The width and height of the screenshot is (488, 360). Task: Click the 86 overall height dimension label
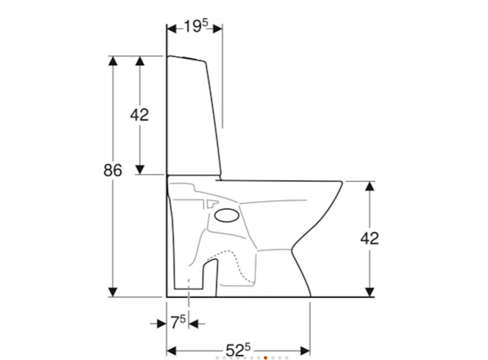113,170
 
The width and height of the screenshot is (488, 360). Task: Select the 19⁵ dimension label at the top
196,26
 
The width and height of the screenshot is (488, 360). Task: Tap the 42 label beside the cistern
140,115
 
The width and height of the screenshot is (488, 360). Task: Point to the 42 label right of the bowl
370,238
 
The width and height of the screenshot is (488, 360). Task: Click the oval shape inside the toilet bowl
227,215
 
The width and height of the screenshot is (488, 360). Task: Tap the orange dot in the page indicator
265,358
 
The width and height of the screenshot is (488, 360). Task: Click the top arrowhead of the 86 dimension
113,61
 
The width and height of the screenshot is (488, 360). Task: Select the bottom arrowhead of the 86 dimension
113,292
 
